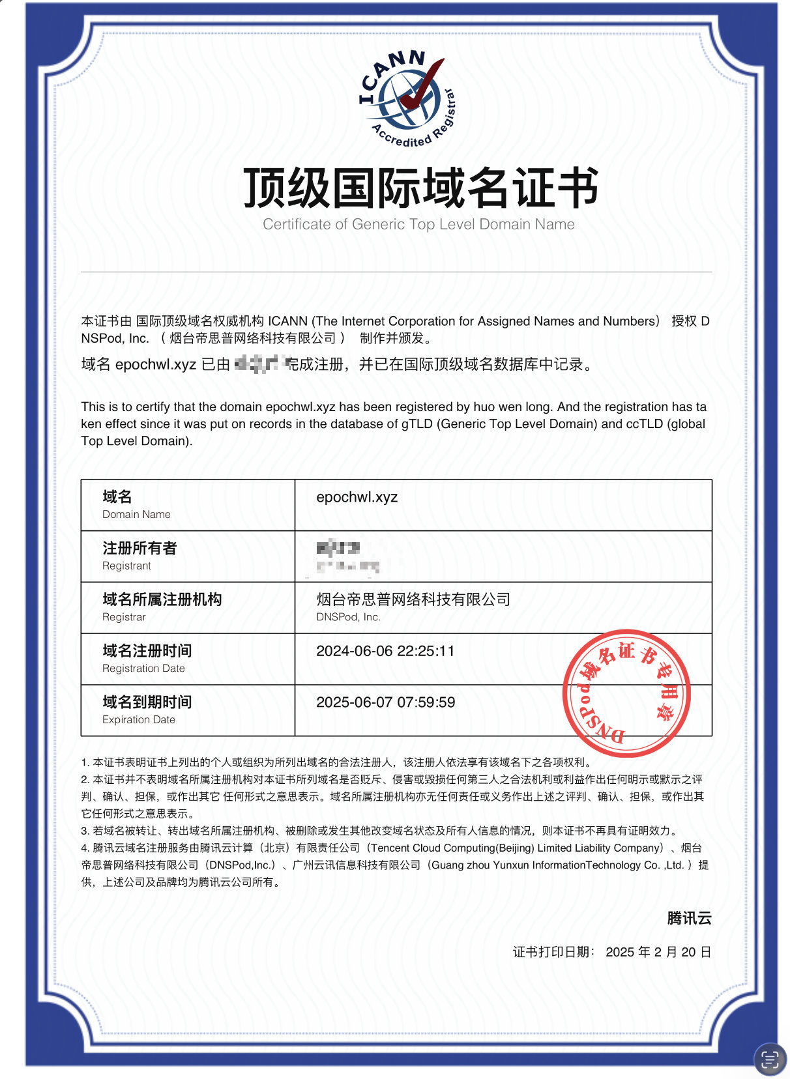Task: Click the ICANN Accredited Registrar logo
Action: pyautogui.click(x=407, y=99)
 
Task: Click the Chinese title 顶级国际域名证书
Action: pyautogui.click(x=420, y=188)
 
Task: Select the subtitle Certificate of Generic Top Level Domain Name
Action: pyautogui.click(x=418, y=225)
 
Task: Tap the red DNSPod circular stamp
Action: pyautogui.click(x=626, y=693)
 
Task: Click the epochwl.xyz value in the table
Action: pyautogui.click(x=357, y=497)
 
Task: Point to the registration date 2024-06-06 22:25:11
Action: pyautogui.click(x=385, y=651)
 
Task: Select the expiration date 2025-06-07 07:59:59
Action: pyautogui.click(x=385, y=702)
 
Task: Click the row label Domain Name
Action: pyautogui.click(x=136, y=514)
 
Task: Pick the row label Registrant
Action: pyautogui.click(x=126, y=566)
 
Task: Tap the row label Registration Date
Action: pyautogui.click(x=143, y=669)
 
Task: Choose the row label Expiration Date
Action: pyautogui.click(x=138, y=719)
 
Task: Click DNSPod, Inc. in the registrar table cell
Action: pyautogui.click(x=348, y=617)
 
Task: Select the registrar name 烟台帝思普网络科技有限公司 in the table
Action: pyautogui.click(x=413, y=599)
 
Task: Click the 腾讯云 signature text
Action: pyautogui.click(x=689, y=918)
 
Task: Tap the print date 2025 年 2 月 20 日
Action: pyautogui.click(x=658, y=952)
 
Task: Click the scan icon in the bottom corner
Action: pyautogui.click(x=770, y=1059)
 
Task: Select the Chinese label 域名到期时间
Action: pyautogui.click(x=147, y=702)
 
